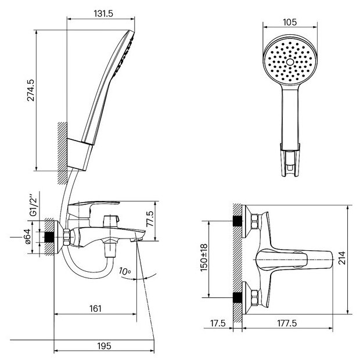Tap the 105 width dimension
[290, 22]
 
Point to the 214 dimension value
[342, 257]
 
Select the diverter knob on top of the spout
[110, 221]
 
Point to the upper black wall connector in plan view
[237, 222]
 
